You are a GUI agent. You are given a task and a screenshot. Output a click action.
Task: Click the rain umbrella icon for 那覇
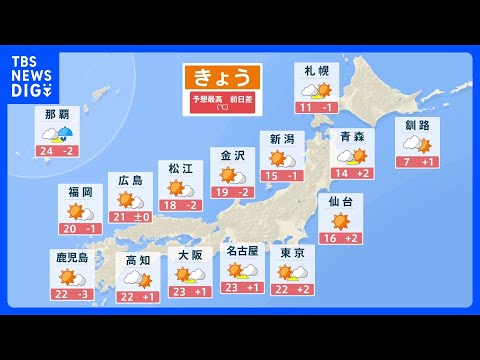tap(68, 135)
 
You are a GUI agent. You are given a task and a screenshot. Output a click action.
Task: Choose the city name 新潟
tap(281, 139)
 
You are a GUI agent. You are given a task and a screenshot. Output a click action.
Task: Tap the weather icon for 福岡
tap(78, 212)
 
